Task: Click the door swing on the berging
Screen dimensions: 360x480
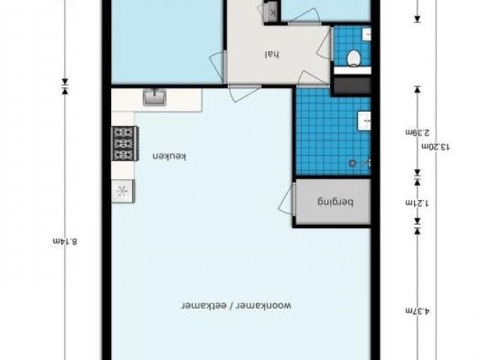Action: pyautogui.click(x=286, y=199)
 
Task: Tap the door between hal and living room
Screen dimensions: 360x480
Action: pyautogui.click(x=244, y=93)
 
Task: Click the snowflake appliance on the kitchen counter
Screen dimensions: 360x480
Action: pyautogui.click(x=120, y=190)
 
